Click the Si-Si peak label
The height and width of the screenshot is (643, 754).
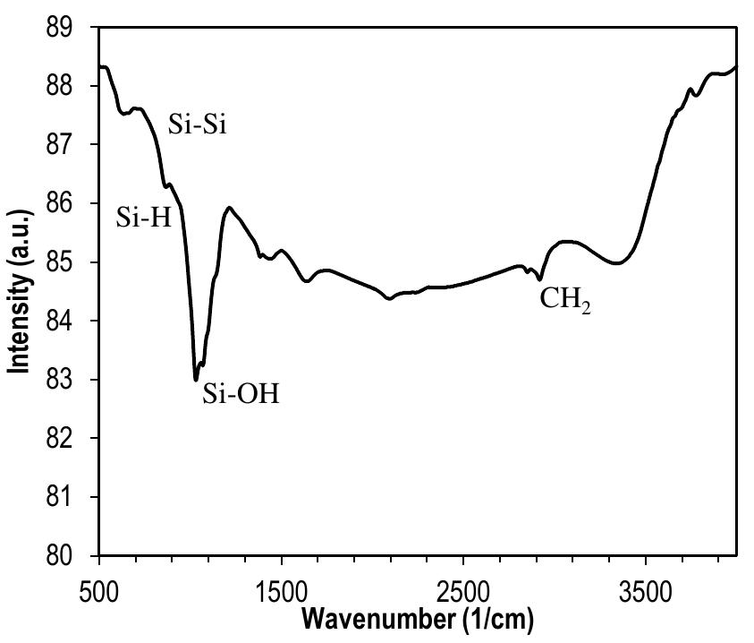pos(197,124)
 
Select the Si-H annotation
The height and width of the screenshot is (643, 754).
pos(143,218)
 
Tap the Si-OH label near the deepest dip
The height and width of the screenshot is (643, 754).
pos(241,393)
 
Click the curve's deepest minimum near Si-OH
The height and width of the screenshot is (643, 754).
pos(196,380)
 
